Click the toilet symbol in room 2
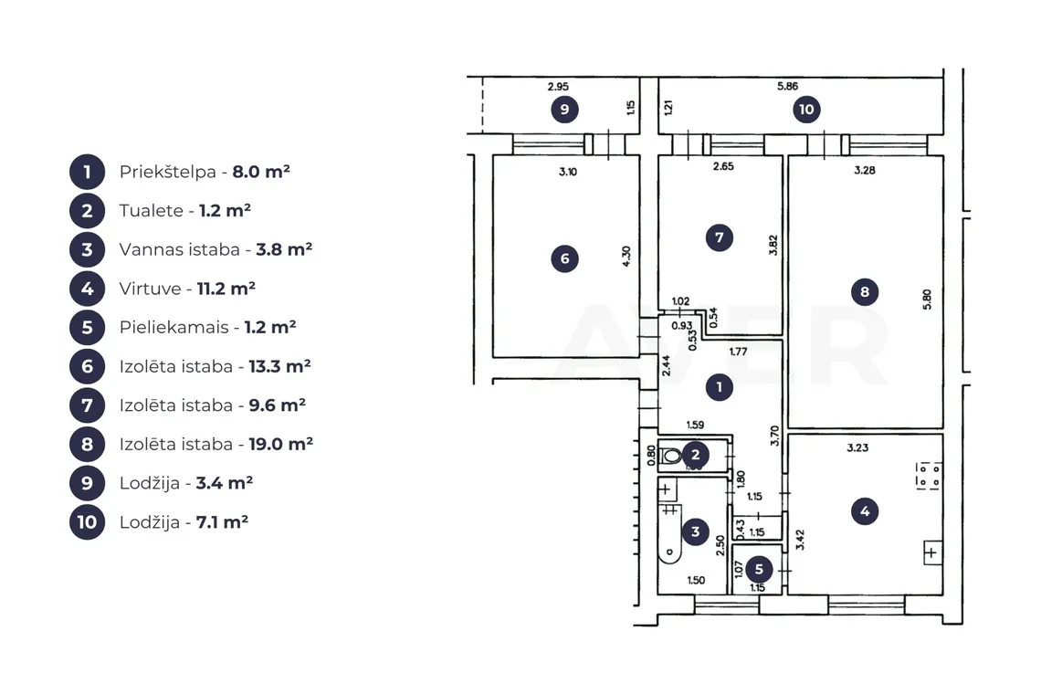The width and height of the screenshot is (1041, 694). tap(671, 456)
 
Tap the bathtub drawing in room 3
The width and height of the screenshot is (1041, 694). tap(670, 533)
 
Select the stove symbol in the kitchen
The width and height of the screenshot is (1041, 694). tap(928, 476)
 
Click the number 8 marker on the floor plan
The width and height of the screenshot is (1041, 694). tap(865, 291)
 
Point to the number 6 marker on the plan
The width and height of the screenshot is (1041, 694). tap(565, 258)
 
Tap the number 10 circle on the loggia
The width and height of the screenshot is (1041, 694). tap(806, 109)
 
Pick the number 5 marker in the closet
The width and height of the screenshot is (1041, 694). tap(759, 569)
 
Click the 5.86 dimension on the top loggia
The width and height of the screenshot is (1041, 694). tap(787, 87)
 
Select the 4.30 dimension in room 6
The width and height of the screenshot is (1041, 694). tap(626, 257)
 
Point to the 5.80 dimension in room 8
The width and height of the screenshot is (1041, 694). tap(927, 300)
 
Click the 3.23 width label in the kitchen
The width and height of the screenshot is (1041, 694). tap(857, 447)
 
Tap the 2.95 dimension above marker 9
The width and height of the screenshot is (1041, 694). tap(558, 87)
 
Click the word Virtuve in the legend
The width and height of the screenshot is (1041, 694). tap(150, 289)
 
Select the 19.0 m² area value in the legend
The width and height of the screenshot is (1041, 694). tap(281, 444)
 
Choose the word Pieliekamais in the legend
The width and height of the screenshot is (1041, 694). tap(173, 328)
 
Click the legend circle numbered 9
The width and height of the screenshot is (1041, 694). tap(87, 483)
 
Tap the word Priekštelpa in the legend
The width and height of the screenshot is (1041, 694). tap(168, 172)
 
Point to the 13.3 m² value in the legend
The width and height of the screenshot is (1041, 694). tap(280, 366)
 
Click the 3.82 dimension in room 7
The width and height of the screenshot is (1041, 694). tap(773, 245)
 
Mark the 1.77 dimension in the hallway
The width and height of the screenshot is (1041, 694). tap(738, 352)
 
